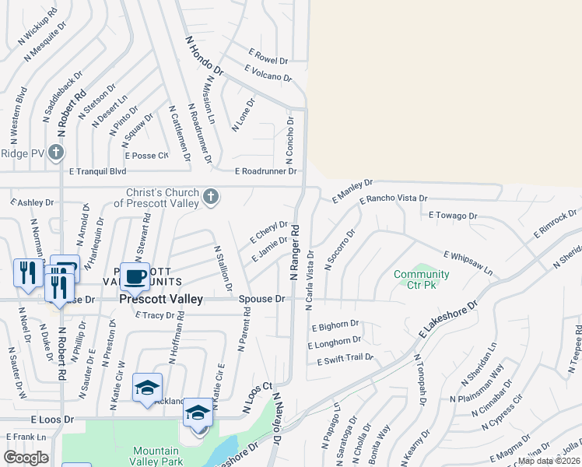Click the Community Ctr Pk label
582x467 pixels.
[421, 279]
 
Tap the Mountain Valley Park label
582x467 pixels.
[156, 456]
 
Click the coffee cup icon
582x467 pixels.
[135, 276]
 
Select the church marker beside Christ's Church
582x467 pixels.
[210, 198]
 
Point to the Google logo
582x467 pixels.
[26, 458]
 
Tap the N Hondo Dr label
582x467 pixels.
[204, 54]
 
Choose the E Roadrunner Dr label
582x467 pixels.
[267, 171]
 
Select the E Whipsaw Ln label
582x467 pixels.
[468, 262]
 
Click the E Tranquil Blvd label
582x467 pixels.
[97, 171]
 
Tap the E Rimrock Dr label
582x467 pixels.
[555, 223]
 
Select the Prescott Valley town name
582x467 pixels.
[161, 299]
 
